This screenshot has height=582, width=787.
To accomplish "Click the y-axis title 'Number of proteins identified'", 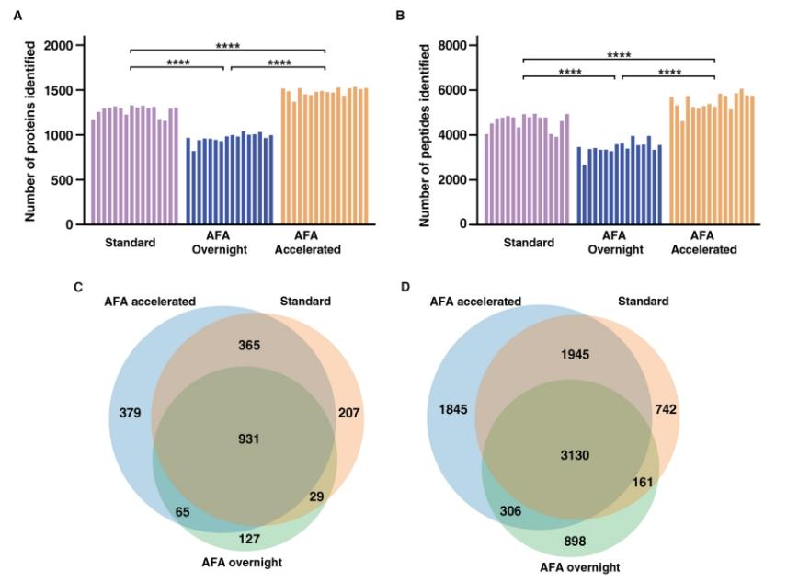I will [30, 135].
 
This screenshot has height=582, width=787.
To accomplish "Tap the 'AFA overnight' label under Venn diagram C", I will [244, 562].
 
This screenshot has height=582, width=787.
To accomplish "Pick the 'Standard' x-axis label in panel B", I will [529, 243].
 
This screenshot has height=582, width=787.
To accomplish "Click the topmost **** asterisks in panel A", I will [229, 44].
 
